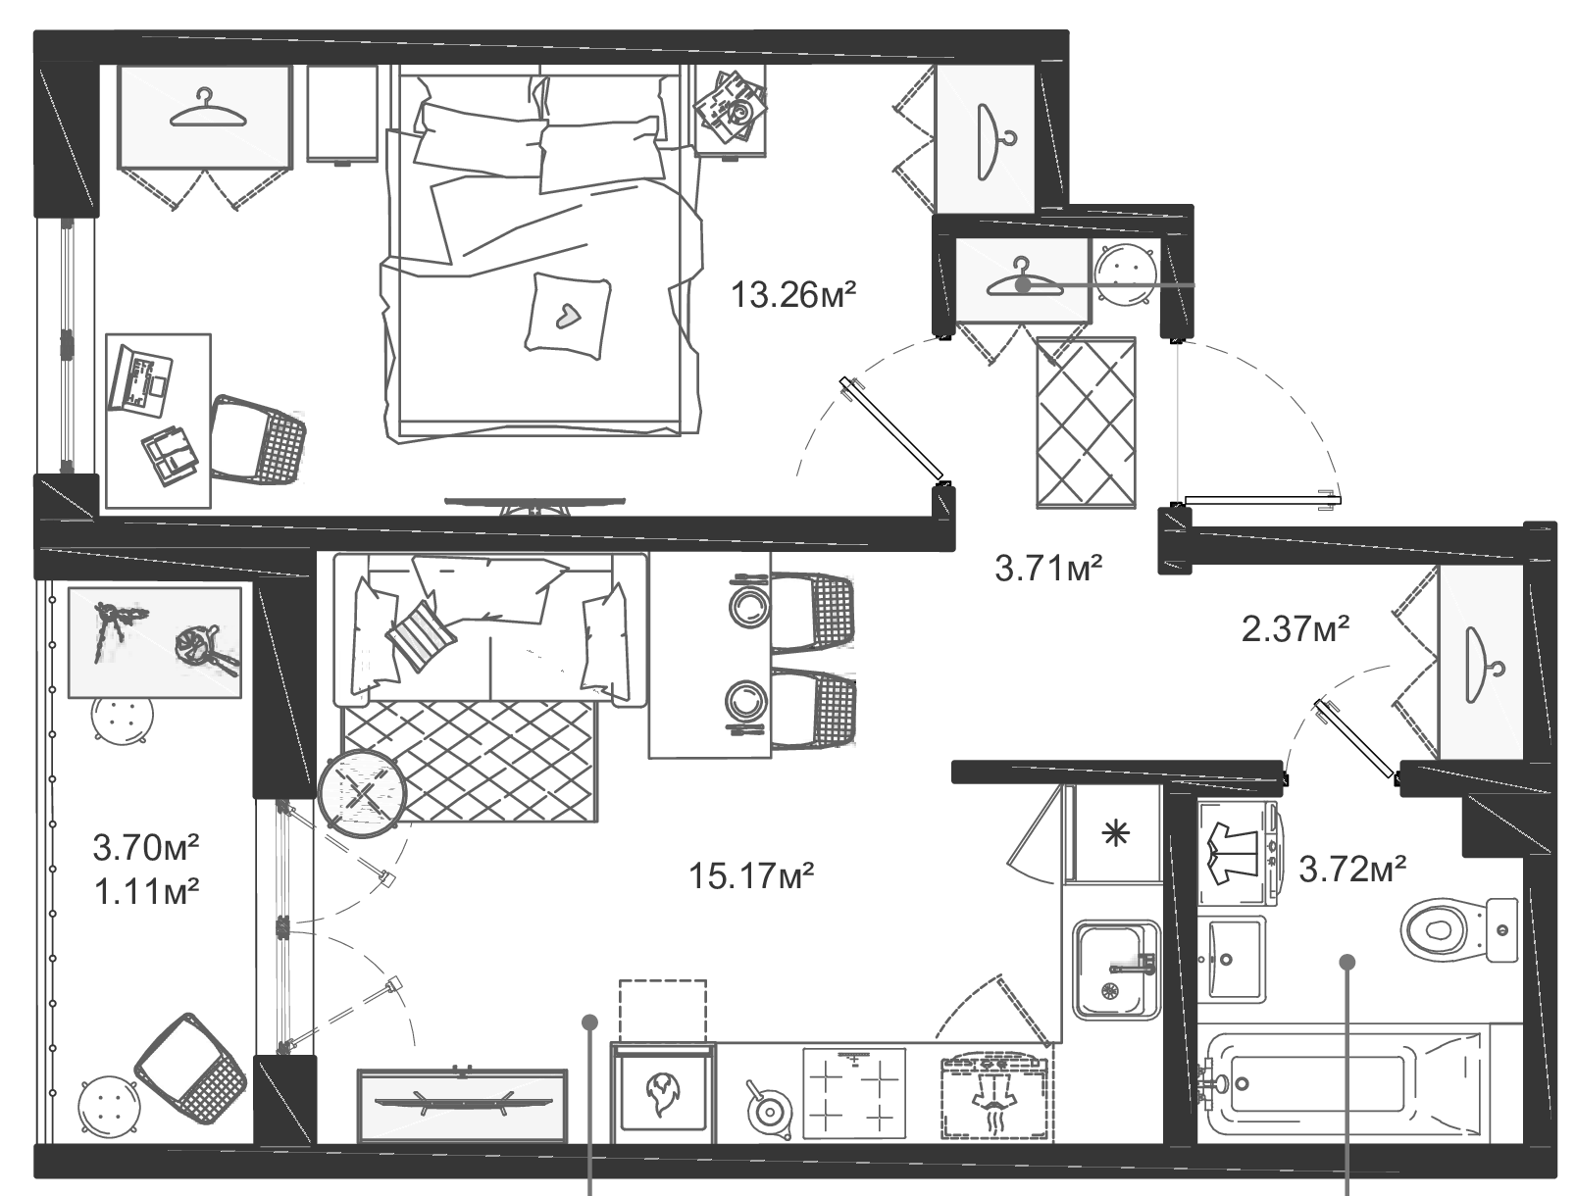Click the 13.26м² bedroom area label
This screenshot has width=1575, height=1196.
coord(794,293)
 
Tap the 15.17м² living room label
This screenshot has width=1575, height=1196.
coord(752,874)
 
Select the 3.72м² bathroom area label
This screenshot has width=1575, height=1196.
coord(1353,868)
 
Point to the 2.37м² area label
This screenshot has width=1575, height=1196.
coord(1296,628)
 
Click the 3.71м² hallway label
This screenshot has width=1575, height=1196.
coord(1048,568)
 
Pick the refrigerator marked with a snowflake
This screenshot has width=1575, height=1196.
coord(1113,835)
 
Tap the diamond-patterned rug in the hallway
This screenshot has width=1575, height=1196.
coord(1086,423)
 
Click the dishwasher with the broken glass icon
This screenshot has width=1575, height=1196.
coord(663,1092)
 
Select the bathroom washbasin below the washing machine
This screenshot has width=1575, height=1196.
coord(1232,958)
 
